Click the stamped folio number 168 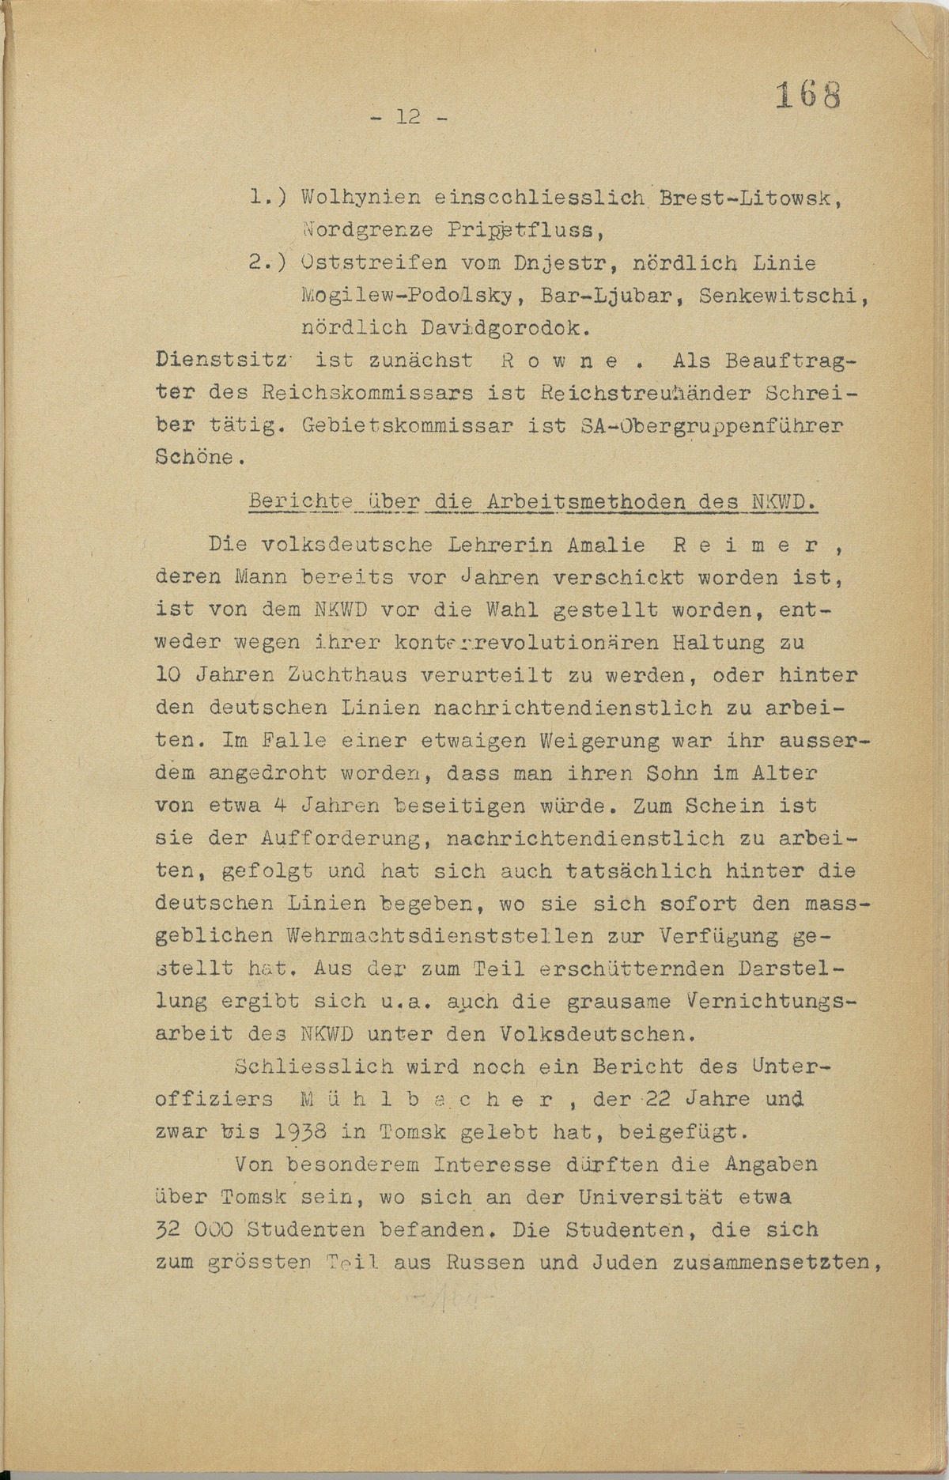806,96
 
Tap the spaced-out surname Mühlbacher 435,1100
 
